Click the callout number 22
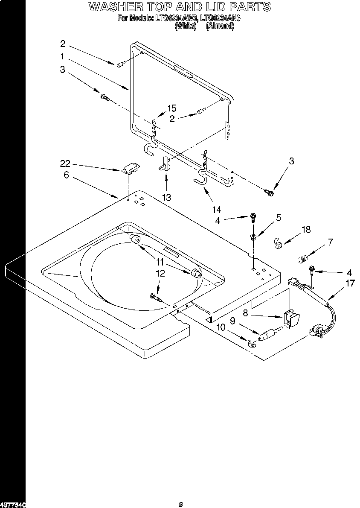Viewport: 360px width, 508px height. pos(65,164)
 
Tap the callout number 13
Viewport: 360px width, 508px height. pos(166,197)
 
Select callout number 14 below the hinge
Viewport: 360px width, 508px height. pos(217,209)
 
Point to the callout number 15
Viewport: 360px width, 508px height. pos(171,108)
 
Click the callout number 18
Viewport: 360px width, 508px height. pos(306,230)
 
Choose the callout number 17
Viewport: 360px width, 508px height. pos(350,283)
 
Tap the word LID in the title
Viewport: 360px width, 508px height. pos(212,7)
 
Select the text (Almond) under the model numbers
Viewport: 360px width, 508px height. pos(220,26)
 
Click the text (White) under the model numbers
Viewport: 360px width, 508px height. pos(185,26)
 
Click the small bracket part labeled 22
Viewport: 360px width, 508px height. pos(130,169)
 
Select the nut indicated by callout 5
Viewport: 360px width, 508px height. pos(253,237)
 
